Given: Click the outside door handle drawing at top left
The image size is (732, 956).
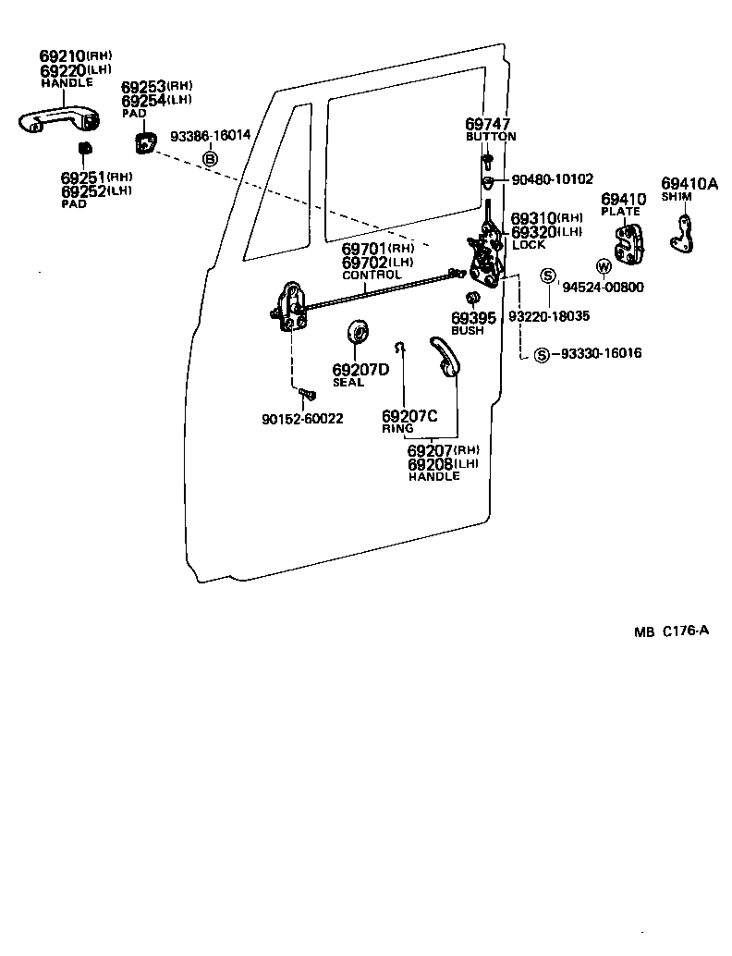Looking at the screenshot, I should (58, 120).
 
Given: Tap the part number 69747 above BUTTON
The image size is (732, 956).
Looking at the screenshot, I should (487, 124).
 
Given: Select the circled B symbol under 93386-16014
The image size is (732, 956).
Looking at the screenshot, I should (210, 159).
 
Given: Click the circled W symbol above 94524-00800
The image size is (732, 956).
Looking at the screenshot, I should (604, 267).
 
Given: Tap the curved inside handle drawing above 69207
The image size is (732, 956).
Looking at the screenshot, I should (443, 356).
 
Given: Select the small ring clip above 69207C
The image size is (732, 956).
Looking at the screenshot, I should (399, 348).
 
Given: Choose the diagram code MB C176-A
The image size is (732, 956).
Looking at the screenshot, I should (671, 631).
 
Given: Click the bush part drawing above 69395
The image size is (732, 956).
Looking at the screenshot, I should (471, 298).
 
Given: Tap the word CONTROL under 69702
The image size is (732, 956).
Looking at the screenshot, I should (372, 276).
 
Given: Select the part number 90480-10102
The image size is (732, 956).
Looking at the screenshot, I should (552, 179).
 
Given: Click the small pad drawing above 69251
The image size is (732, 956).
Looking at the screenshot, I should (84, 148).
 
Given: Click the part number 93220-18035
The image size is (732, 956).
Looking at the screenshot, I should (549, 316).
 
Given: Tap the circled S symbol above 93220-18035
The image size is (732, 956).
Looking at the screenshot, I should (548, 276).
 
